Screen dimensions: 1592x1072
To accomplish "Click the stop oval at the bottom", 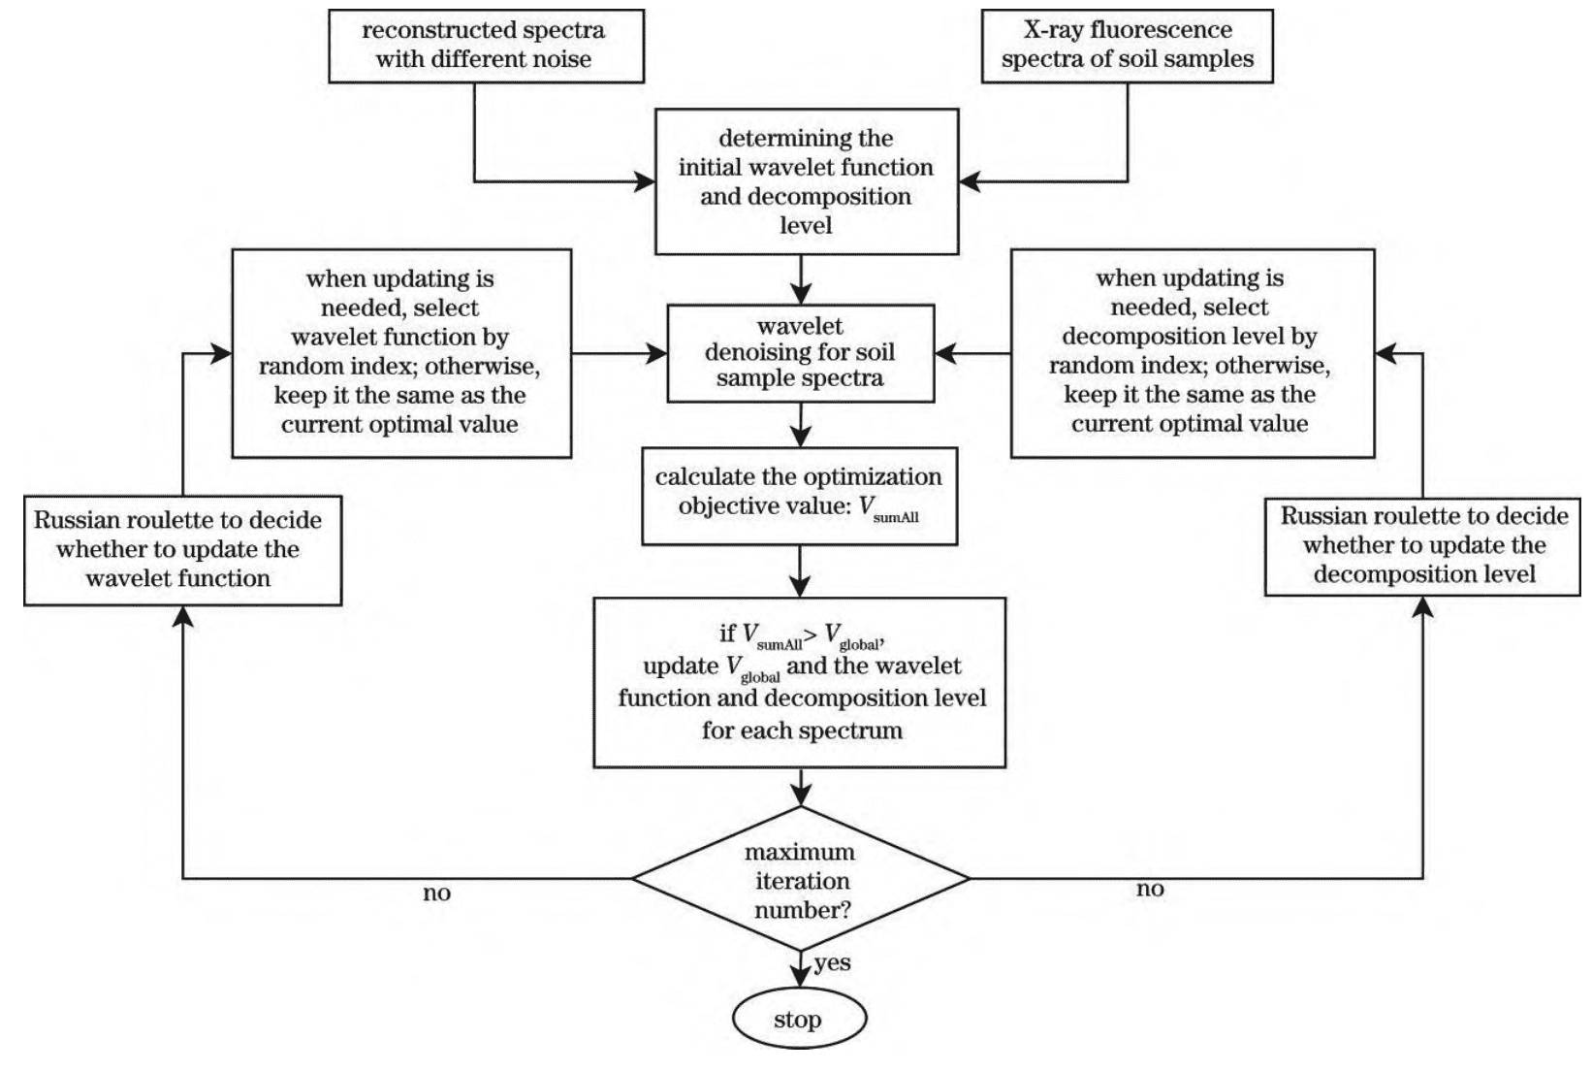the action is point(800,1018).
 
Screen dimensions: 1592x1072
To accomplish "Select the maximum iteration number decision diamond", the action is point(801,879).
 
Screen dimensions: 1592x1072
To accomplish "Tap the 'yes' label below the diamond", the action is point(832,963).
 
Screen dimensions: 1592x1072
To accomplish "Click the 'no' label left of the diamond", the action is point(436,893).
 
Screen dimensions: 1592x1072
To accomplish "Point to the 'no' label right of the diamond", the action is point(1150,889).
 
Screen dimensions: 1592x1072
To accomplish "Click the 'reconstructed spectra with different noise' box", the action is point(486,47).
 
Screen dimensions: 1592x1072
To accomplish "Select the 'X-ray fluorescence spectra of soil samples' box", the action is point(1128,47).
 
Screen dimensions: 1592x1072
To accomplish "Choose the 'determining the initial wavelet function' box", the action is point(807,181).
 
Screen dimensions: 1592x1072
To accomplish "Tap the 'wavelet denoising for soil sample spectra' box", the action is point(800,353).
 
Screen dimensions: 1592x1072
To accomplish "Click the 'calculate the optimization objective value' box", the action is point(800,497).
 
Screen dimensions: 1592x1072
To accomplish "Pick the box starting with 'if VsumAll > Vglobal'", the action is point(800,683).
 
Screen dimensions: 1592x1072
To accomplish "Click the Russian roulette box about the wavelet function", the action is point(182,551).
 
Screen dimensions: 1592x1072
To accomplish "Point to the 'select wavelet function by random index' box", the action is point(401,353).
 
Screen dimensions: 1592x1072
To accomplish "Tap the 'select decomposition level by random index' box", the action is point(1193,353).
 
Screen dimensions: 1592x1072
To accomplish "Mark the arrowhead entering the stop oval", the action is point(800,977).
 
